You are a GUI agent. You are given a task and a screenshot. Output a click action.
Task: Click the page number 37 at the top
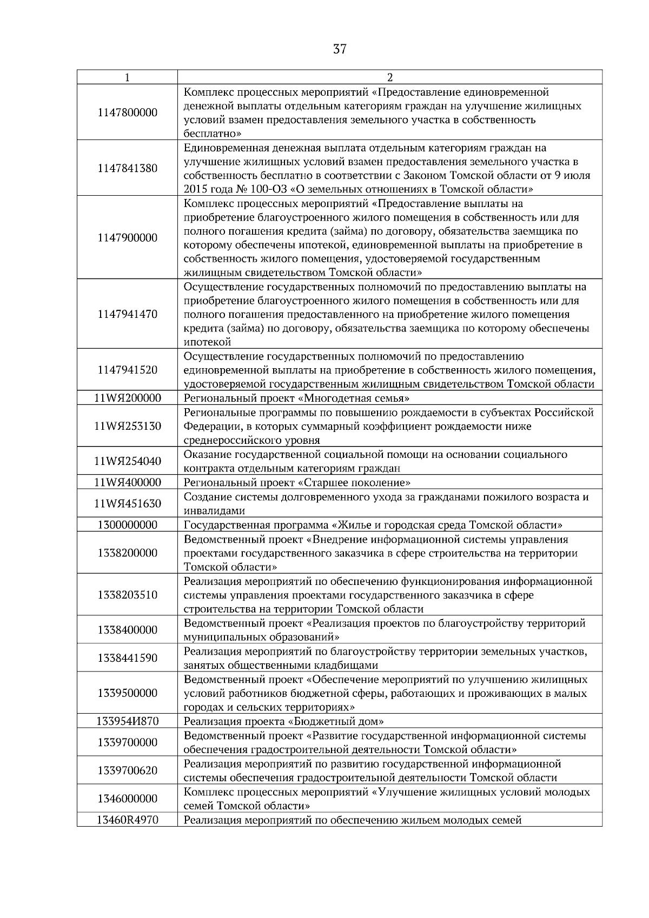(339, 50)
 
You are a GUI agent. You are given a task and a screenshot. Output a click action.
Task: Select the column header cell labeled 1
(127, 77)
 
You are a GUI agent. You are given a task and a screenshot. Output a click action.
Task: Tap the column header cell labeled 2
(390, 77)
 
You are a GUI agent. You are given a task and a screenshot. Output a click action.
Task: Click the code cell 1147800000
(128, 112)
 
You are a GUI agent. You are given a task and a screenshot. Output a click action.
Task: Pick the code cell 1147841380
(128, 168)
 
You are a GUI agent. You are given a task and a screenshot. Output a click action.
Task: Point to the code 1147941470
(128, 314)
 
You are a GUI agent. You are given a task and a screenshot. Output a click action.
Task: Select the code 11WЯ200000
(128, 398)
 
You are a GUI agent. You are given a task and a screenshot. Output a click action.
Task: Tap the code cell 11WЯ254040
(128, 461)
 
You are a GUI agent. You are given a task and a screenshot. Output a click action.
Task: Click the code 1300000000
(128, 525)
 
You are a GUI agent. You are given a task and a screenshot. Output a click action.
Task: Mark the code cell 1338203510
(128, 595)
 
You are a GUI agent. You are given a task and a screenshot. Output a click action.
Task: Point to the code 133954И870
(128, 721)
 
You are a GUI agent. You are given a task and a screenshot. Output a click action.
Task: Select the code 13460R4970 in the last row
(128, 820)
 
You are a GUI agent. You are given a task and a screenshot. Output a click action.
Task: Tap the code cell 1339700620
(128, 770)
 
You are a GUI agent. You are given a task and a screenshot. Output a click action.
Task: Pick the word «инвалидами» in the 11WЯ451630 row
(214, 511)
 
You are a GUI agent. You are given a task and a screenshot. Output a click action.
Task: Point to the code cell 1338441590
(128, 658)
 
